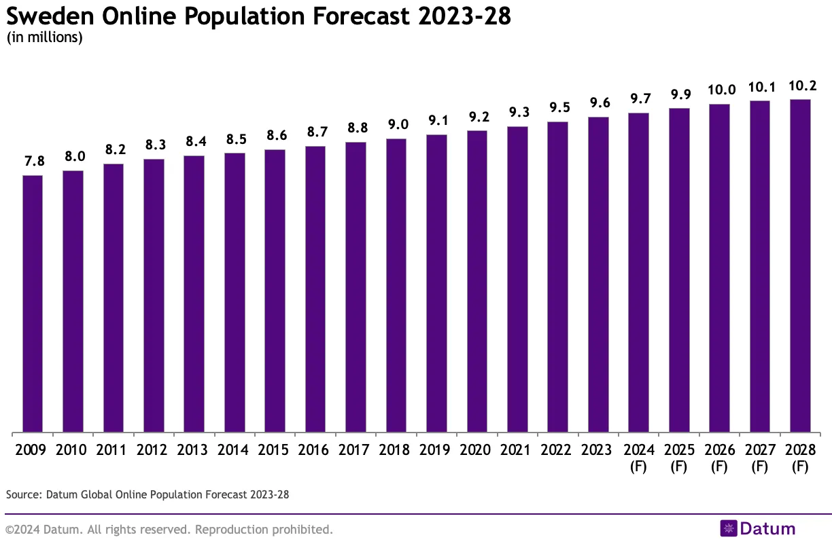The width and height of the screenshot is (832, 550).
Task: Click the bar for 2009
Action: [x=33, y=304]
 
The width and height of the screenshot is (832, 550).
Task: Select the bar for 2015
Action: [x=275, y=291]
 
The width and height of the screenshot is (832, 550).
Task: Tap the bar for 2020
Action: [x=477, y=281]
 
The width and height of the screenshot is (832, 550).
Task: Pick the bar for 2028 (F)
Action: [x=800, y=265]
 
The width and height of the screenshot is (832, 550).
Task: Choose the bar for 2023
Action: [x=598, y=274]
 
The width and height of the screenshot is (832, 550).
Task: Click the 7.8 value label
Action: [x=33, y=161]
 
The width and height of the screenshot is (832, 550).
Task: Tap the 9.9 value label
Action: [x=679, y=94]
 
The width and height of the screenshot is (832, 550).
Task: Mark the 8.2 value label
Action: [x=114, y=149]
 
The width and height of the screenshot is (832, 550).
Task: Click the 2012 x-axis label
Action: [x=154, y=450]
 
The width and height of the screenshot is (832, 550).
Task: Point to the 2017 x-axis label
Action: [x=356, y=450]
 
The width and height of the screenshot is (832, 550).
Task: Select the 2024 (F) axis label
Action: [x=638, y=458]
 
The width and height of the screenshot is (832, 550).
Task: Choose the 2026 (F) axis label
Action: [x=719, y=458]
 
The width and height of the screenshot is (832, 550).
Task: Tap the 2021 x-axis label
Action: [x=517, y=450]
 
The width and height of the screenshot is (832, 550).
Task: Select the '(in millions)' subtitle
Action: [x=44, y=37]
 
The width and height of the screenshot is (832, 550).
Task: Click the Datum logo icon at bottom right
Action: [x=729, y=529]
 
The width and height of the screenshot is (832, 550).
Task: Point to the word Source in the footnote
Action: [x=23, y=494]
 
